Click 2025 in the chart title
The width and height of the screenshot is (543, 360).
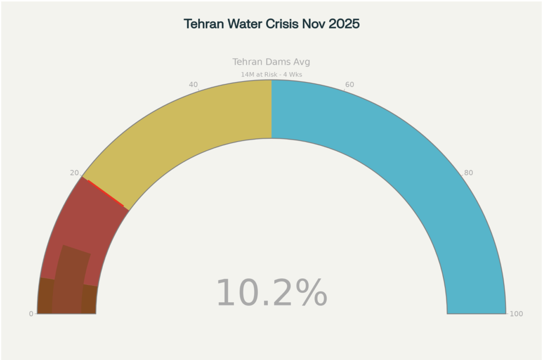pyautogui.click(x=344, y=24)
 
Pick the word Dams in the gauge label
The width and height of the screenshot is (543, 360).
pyautogui.click(x=278, y=62)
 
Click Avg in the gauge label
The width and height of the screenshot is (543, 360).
pyautogui.click(x=302, y=62)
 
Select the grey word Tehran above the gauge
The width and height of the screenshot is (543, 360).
pyautogui.click(x=248, y=62)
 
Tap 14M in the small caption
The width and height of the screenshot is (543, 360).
pyautogui.click(x=248, y=75)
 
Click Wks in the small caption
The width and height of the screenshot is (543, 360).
pyautogui.click(x=295, y=75)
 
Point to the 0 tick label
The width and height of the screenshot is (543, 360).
pyautogui.click(x=31, y=314)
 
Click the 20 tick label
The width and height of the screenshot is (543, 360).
pyautogui.click(x=74, y=173)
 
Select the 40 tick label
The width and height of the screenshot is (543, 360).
pyautogui.click(x=194, y=85)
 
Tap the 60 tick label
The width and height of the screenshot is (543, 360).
pyautogui.click(x=349, y=85)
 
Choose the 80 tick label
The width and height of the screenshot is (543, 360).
pyautogui.click(x=469, y=173)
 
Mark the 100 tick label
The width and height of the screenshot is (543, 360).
pyautogui.click(x=516, y=314)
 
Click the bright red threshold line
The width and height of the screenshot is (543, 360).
pyautogui.click(x=106, y=194)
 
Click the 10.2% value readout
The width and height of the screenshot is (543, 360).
pyautogui.click(x=271, y=293)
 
